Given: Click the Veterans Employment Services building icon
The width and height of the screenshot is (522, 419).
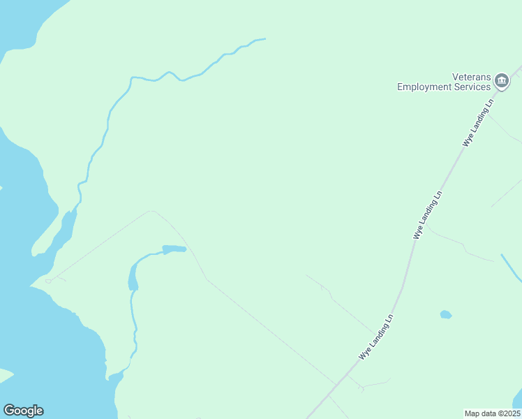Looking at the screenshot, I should [502, 82].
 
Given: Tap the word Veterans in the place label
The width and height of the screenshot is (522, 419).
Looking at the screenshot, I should [472, 77].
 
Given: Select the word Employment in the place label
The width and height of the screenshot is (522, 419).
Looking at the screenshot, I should [426, 87].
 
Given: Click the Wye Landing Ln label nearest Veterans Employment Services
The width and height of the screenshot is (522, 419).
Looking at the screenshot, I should [479, 122].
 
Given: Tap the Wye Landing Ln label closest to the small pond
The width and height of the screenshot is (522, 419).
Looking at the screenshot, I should [377, 337].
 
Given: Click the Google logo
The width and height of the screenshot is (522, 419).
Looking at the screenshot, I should [23, 411].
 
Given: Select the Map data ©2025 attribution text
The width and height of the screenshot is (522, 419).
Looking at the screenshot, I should [493, 413].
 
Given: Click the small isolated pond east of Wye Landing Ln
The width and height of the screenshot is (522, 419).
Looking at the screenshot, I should [446, 314].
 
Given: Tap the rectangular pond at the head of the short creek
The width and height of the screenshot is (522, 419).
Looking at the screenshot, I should [174, 249].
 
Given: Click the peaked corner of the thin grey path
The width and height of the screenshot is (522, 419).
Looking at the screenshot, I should [151, 210].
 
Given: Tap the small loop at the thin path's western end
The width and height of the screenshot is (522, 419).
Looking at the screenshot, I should [49, 281].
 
